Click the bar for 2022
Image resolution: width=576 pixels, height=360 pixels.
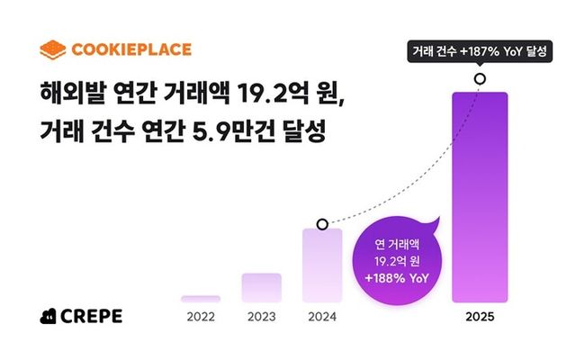[x=200, y=299]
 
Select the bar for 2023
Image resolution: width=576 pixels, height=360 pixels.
[x=261, y=288]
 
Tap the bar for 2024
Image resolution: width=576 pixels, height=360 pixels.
[x=322, y=265]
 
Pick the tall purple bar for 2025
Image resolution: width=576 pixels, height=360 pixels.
[x=480, y=198]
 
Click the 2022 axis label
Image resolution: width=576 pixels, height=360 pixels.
[x=200, y=317]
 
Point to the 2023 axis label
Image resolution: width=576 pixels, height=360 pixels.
[x=261, y=317]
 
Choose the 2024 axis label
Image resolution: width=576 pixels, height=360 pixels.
[x=322, y=317]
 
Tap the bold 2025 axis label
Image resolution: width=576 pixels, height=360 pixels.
[x=480, y=317]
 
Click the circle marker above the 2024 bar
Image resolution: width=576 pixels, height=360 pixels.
[x=322, y=223]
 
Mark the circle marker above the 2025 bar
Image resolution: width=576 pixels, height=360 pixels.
[x=480, y=78]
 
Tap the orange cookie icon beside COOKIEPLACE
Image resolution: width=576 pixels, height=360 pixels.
[x=55, y=49]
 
